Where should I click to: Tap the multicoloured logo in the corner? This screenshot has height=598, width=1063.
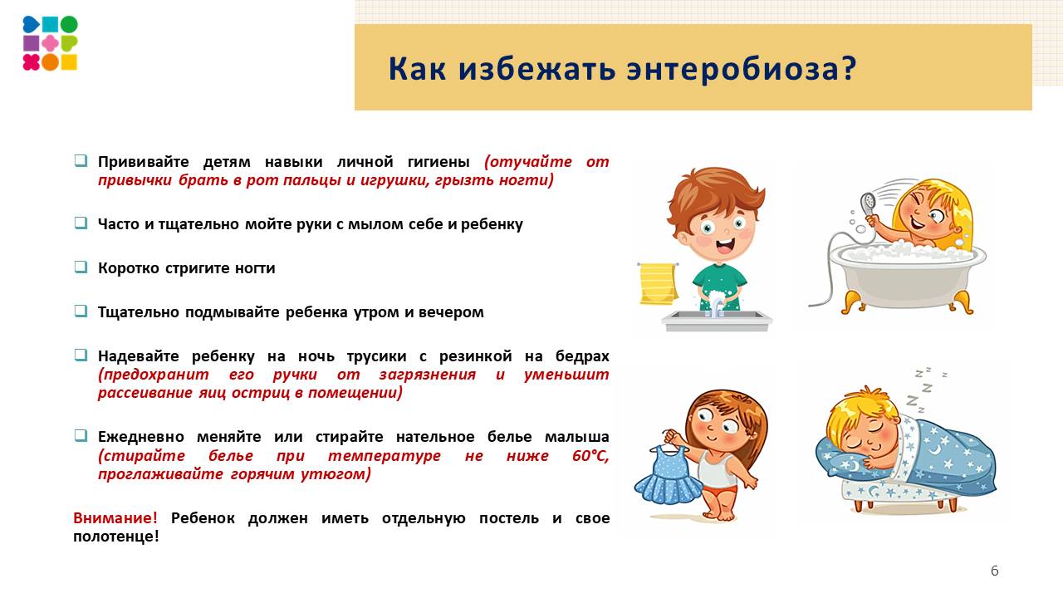tap(50, 43)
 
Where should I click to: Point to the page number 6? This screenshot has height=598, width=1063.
tap(995, 571)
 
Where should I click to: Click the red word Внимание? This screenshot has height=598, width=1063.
tap(115, 518)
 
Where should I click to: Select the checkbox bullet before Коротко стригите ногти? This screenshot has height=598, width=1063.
tap(81, 267)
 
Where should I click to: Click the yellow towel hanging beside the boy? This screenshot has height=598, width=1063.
tap(658, 283)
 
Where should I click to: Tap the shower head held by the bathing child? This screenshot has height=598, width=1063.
tap(868, 202)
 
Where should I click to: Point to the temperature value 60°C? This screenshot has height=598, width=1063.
tap(590, 456)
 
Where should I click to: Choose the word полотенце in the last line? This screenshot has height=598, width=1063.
tap(116, 537)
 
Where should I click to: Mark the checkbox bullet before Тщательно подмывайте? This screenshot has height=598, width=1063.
tap(81, 311)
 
